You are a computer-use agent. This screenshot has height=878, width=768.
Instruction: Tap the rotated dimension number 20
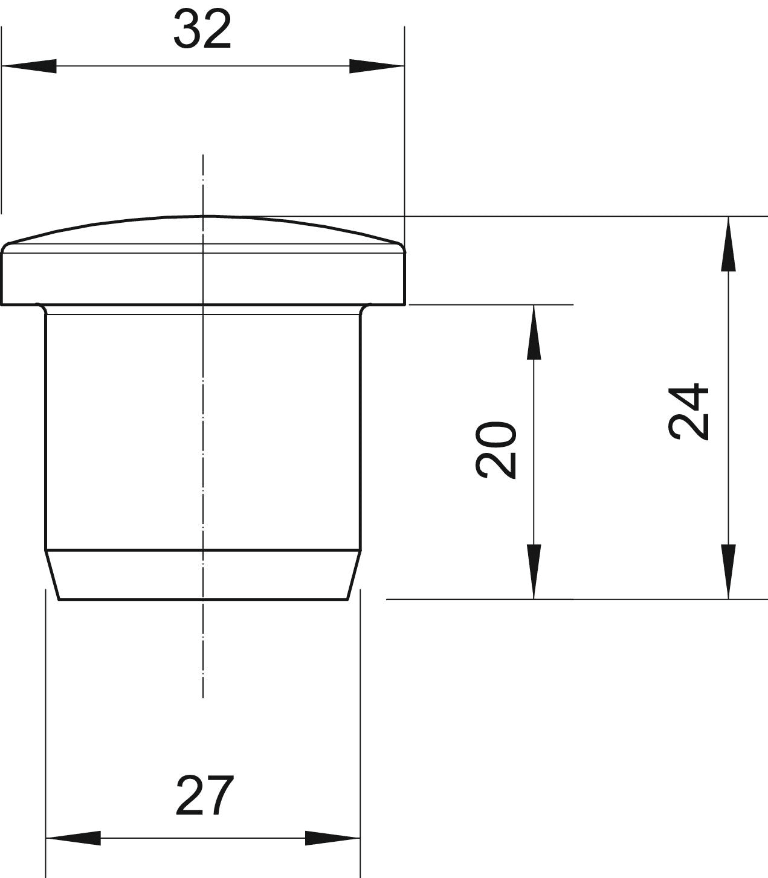pos(496,450)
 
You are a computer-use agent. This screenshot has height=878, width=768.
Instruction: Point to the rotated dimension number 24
pos(688,411)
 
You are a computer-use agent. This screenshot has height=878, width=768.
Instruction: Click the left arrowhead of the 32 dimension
pos(29,66)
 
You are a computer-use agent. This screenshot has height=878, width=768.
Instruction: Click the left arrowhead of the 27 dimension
pos(73,838)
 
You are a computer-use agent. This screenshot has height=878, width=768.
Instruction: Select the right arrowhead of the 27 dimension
pos(332,838)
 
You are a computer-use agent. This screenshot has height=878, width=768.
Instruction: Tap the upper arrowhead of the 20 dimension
pos(534,333)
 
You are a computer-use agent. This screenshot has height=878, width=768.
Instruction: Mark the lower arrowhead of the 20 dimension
pos(534,572)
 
